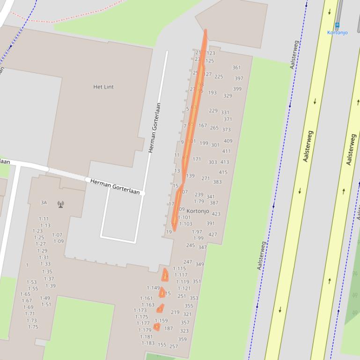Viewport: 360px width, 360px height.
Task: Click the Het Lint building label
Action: click(x=103, y=87)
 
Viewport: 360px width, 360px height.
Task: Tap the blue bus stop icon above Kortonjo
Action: click(x=337, y=25)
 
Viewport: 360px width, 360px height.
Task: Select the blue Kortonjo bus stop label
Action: click(x=337, y=32)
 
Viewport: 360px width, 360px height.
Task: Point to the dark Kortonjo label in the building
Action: click(x=198, y=211)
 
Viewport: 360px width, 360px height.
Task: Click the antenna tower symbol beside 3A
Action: click(x=60, y=204)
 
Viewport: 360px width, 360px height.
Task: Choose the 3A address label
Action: click(x=44, y=202)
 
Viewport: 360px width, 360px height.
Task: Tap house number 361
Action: click(x=236, y=68)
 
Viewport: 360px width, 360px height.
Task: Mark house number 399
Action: click(x=237, y=89)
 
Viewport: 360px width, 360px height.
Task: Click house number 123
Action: click(x=211, y=53)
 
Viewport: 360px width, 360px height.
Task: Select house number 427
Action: click(x=213, y=235)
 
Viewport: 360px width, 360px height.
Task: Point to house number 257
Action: click(x=173, y=346)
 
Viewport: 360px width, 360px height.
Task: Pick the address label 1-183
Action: click(x=148, y=343)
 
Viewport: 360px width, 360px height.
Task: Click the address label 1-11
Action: click(x=44, y=219)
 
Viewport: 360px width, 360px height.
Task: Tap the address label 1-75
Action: click(x=33, y=327)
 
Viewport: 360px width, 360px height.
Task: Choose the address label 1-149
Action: click(x=153, y=288)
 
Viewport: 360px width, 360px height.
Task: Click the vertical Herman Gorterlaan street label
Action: click(x=155, y=128)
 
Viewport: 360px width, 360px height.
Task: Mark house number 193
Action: click(x=212, y=93)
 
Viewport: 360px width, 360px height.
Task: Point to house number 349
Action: click(x=199, y=264)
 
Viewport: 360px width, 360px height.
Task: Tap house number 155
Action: click(x=162, y=345)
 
